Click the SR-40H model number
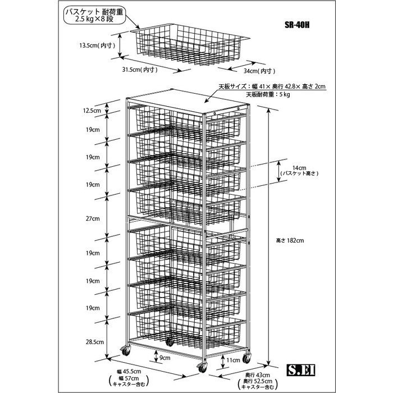(x=297, y=25)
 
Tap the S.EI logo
(x=301, y=370)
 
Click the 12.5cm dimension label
(x=92, y=111)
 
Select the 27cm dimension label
(x=93, y=218)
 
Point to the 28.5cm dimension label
(x=95, y=342)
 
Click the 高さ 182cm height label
(x=290, y=241)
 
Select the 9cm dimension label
(x=165, y=358)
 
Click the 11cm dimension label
(x=234, y=360)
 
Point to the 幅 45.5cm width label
(x=129, y=372)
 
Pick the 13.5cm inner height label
(x=97, y=45)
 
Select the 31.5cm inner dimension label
(x=140, y=70)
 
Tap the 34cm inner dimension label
(x=259, y=71)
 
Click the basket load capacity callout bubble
(x=95, y=16)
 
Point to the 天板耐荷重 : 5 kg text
(x=268, y=94)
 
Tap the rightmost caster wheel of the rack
(x=247, y=358)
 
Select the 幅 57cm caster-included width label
(x=129, y=378)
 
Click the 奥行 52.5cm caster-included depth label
(x=258, y=381)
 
